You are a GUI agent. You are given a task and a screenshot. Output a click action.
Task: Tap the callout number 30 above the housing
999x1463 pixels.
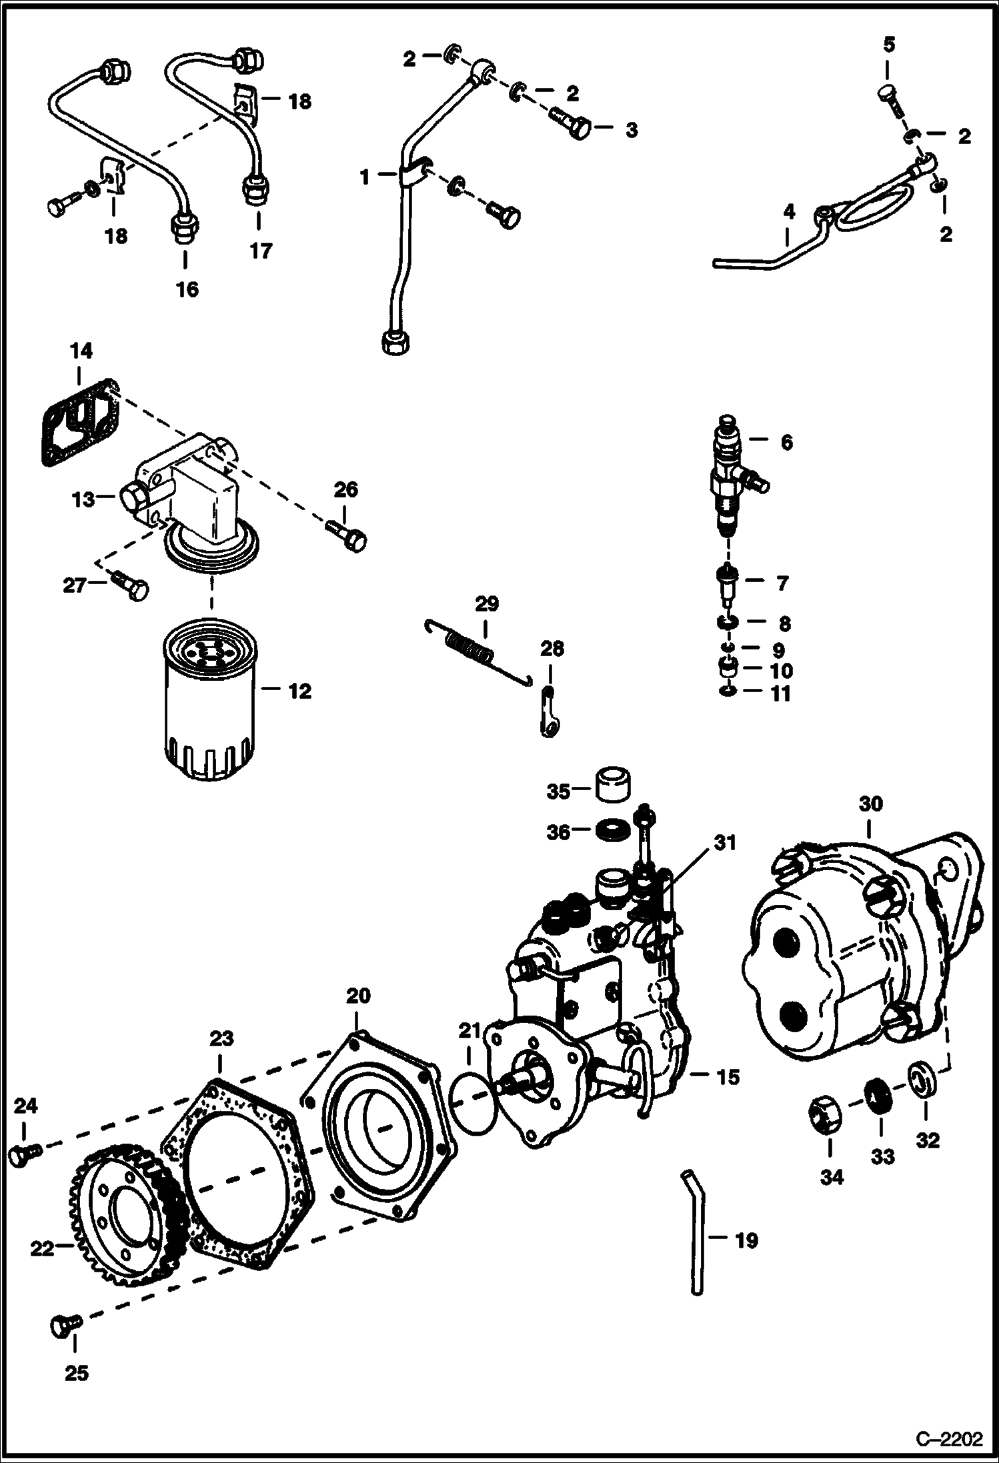click(x=870, y=804)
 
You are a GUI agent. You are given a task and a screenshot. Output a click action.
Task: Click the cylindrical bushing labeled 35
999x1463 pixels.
click(x=613, y=788)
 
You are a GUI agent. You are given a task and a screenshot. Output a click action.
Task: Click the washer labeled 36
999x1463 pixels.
click(x=612, y=832)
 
